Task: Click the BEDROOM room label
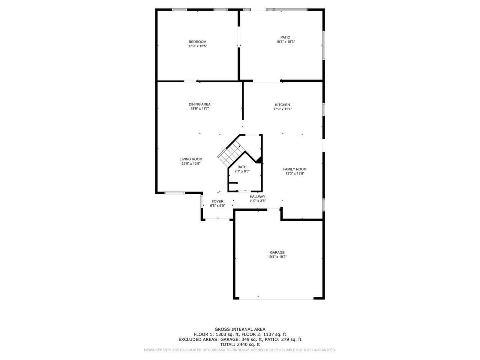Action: (x=197, y=42)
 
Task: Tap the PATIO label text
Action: (x=285, y=37)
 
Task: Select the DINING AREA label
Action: (x=199, y=104)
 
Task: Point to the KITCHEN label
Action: (x=282, y=105)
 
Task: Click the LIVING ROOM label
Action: (x=191, y=159)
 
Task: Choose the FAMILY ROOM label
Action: (x=295, y=169)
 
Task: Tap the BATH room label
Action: (x=242, y=167)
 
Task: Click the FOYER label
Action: (x=217, y=201)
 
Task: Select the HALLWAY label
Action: (x=258, y=196)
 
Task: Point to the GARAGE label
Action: (x=277, y=252)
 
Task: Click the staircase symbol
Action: (x=229, y=154)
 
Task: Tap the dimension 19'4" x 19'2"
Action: (x=277, y=257)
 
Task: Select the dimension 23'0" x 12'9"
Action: (x=191, y=163)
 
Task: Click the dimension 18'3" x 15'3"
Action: (x=285, y=42)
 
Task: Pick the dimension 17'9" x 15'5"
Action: (x=198, y=46)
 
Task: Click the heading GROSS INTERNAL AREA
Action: (x=240, y=329)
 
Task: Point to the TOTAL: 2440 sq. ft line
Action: (x=240, y=344)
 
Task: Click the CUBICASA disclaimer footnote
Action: (x=240, y=350)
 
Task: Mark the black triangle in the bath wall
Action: (x=259, y=160)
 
